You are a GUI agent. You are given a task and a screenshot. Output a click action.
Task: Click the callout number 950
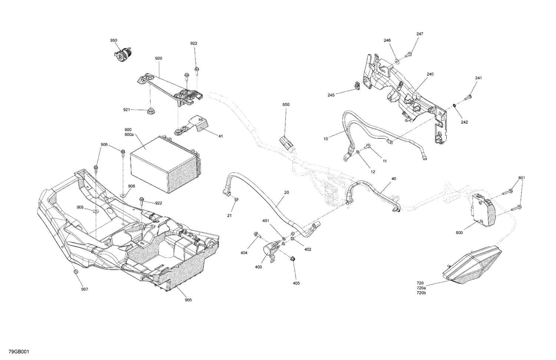coord(113,40)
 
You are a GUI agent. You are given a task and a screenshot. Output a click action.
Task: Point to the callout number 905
coord(188,300)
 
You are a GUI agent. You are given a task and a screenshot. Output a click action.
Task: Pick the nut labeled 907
coord(76,272)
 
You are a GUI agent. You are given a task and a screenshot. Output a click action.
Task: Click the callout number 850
coord(286,105)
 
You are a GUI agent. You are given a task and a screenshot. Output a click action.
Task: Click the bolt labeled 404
coord(257,234)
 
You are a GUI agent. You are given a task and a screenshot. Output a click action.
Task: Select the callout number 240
coord(430,74)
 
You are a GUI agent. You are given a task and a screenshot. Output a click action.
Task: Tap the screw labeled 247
coord(410,54)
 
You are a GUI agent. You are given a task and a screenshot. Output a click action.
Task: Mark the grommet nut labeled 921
coord(150,110)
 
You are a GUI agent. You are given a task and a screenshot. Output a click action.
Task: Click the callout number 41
coord(221,136)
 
